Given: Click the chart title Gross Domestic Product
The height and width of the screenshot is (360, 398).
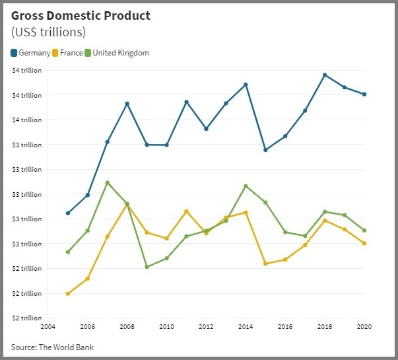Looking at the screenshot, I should [x=81, y=15].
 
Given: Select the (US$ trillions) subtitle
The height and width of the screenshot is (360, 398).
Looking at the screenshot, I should [x=48, y=32].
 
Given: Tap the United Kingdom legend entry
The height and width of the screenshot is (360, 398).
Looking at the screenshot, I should [x=120, y=53].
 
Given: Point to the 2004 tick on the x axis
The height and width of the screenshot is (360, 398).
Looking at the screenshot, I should [x=48, y=326].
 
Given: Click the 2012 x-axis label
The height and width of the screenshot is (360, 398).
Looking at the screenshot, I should [x=206, y=326].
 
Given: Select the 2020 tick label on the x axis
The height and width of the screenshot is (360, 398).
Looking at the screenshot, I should [x=364, y=326].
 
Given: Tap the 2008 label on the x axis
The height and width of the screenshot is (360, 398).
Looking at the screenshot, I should [x=127, y=326].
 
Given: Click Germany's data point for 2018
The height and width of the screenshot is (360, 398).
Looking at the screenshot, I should [x=325, y=75].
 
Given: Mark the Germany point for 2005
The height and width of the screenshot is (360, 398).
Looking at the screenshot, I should [x=68, y=213].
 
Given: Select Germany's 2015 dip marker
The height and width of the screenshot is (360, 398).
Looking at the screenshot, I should [x=265, y=150].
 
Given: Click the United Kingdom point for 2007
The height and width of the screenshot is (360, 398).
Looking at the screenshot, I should [x=108, y=182].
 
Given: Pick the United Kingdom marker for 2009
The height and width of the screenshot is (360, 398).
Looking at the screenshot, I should [x=147, y=267].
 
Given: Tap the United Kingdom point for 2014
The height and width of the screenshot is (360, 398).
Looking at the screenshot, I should [x=246, y=186].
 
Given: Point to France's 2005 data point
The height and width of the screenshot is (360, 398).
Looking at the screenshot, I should [x=68, y=293].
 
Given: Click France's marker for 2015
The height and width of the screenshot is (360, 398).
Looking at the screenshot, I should [x=265, y=264].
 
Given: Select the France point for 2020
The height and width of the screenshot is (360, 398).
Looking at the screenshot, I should [x=364, y=243].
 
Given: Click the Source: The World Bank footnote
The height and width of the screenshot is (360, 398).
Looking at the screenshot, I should [x=57, y=347].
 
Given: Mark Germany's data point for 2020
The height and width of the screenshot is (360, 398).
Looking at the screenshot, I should [x=364, y=94].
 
